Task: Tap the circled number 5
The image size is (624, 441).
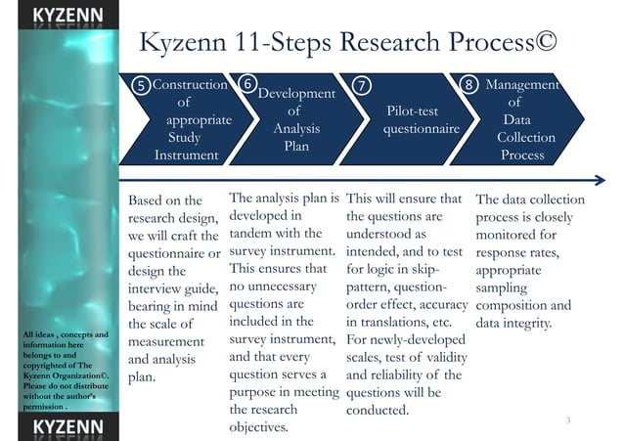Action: (143, 86)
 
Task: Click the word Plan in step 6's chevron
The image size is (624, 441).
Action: (295, 146)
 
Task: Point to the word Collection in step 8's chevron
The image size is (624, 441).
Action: (526, 137)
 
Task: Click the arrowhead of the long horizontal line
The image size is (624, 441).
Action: (599, 179)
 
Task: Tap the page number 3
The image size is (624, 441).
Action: (567, 419)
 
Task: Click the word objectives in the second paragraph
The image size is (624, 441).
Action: (258, 426)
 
